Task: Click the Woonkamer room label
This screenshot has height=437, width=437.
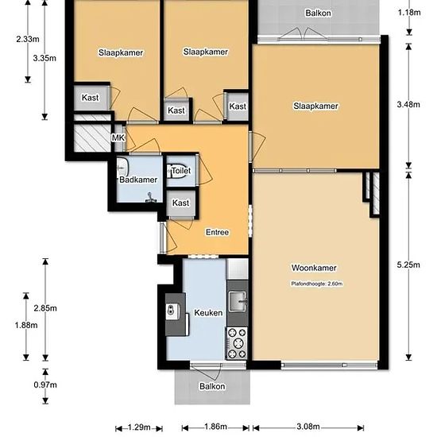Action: pos(314,268)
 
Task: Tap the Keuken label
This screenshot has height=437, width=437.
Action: pos(208,313)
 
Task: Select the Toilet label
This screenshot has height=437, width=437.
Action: pos(181,171)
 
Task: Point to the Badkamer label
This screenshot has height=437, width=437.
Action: pos(138,180)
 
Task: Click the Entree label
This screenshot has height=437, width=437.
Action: pos(218,232)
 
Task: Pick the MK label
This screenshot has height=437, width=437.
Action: pos(118,137)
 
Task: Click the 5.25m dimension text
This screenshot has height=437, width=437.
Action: pos(408,265)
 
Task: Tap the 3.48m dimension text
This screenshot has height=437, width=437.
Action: pos(408,104)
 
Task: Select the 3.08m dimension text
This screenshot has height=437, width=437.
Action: pos(308,427)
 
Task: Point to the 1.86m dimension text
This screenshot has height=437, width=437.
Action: pos(215,427)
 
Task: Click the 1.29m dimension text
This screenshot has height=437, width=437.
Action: pos(139,427)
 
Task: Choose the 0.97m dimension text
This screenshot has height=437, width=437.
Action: pos(45,385)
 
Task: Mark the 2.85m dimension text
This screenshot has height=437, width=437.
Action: pos(45,308)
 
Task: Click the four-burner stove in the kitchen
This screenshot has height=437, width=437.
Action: pos(237,343)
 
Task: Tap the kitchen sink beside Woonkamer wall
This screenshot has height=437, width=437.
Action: pos(238,301)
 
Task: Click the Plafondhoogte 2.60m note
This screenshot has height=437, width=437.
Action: pos(317,284)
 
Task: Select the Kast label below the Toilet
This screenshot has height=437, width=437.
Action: pos(180,203)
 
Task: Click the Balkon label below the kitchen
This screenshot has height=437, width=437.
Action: pos(212,386)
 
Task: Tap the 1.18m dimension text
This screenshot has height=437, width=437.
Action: pos(409,13)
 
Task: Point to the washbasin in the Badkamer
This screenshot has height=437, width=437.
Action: pos(122,168)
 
